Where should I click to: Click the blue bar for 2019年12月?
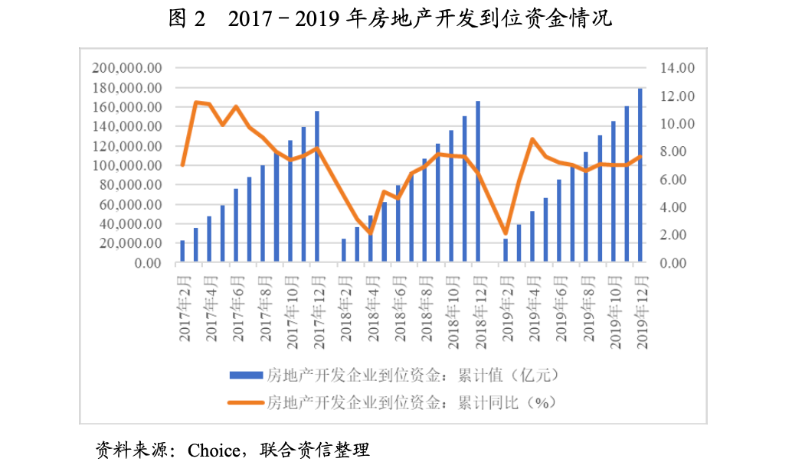coord(640,176)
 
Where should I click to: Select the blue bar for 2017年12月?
coord(316,187)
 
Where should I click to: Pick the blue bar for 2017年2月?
coord(182,252)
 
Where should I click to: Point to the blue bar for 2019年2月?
coord(506,251)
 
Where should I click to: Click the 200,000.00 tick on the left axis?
coord(126,68)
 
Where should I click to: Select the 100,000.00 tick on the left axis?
coord(126,165)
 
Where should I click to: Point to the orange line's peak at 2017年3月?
coord(196,102)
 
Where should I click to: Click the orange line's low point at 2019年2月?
coord(506,233)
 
